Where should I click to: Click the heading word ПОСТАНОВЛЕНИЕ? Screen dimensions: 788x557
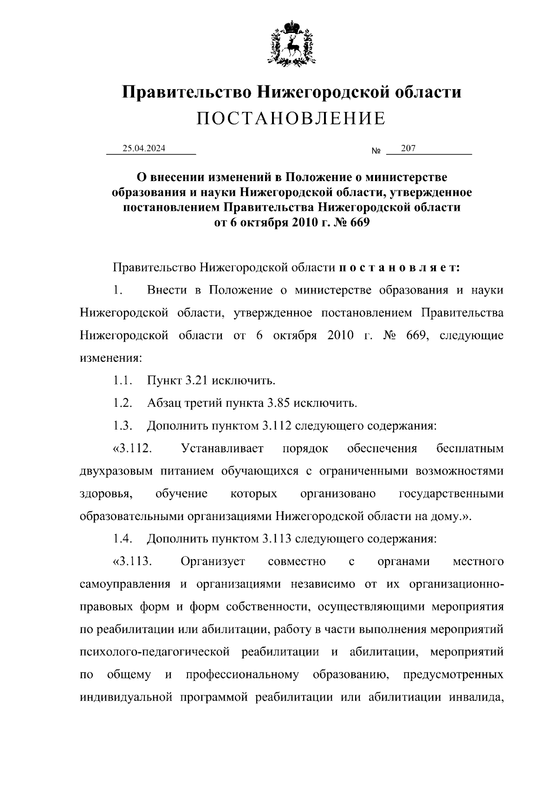(291, 119)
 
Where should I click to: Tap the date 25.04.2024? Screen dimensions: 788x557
(144, 149)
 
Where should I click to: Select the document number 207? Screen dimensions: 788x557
(408, 149)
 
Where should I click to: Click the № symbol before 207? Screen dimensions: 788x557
(376, 151)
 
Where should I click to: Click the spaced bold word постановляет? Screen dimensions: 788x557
(400, 268)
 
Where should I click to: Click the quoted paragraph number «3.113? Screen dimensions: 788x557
(133, 562)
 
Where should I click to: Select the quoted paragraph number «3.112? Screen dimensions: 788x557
(133, 449)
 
